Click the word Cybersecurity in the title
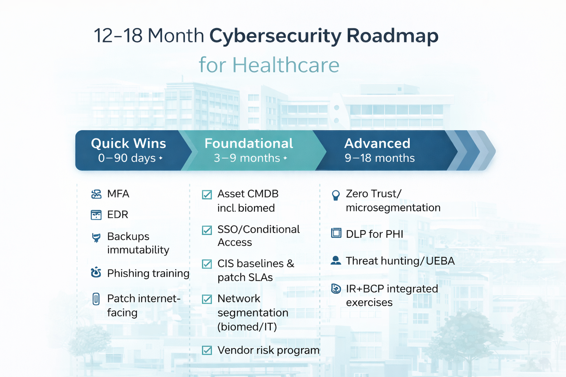coord(276,36)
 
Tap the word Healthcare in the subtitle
coord(286,65)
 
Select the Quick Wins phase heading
coord(128,143)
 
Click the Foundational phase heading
coord(249,143)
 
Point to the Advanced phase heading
coord(377,143)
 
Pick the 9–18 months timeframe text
coord(380,158)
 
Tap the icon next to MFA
coord(96,194)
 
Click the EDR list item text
coord(118,215)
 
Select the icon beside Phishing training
coord(96,272)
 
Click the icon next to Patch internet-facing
coord(96,299)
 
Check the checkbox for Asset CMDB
coord(207,194)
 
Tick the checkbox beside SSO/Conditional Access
coord(207,230)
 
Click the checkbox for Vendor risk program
coord(207,350)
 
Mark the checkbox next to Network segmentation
coord(207,299)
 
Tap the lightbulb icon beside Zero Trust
coord(336,195)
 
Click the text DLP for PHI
coord(374,234)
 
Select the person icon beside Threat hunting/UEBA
coord(336,261)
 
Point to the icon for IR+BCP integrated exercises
coord(336,289)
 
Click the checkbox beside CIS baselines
coord(207,264)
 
